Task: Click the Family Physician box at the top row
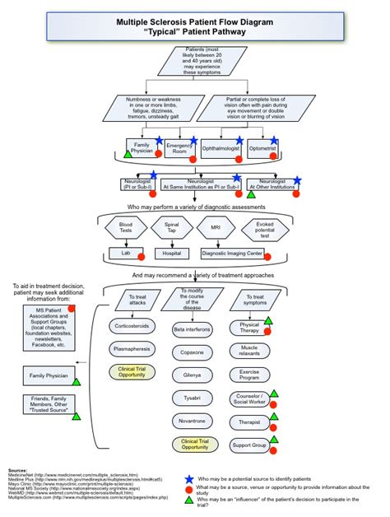pyautogui.click(x=142, y=149)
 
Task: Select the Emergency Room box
pyautogui.click(x=179, y=148)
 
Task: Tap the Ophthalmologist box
pyautogui.click(x=220, y=149)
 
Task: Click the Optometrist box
pyautogui.click(x=263, y=149)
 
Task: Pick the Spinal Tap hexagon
pyautogui.click(x=172, y=227)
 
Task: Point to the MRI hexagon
pyautogui.click(x=216, y=227)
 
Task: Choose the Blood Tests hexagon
pyautogui.click(x=126, y=227)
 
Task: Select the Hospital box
pyautogui.click(x=171, y=253)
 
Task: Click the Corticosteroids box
pyautogui.click(x=132, y=326)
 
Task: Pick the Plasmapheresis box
pyautogui.click(x=132, y=349)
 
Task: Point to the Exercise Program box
pyautogui.click(x=249, y=375)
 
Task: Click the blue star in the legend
pyautogui.click(x=189, y=478)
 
